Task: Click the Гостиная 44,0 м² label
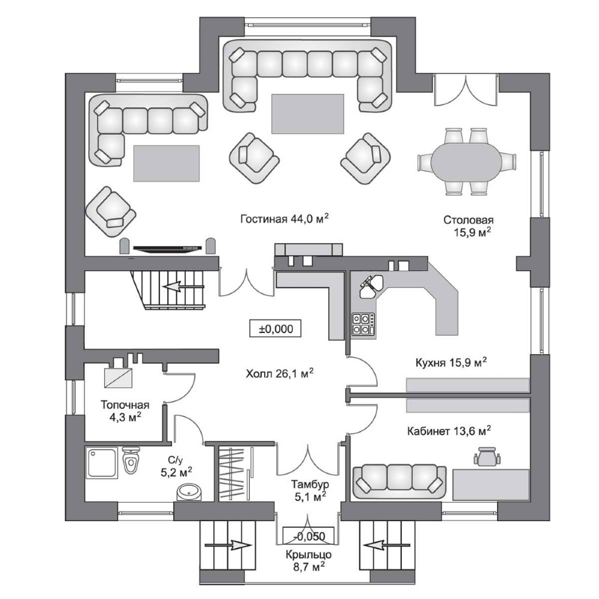coord(285,219)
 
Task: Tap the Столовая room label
coord(469,226)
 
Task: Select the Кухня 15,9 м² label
coord(451,362)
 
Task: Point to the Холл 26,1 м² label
coord(280,373)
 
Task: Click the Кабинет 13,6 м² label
coord(449,431)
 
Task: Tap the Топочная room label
coord(125,411)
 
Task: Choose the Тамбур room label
coord(310,490)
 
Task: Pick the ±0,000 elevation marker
coord(276,329)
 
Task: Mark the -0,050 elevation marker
coord(308,536)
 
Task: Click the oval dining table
coord(467,162)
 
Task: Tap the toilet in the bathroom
coord(131,461)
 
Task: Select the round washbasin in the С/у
coord(189,492)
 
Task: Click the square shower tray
coord(101,464)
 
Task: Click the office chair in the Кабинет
coord(487,455)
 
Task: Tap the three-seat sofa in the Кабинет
coord(400,482)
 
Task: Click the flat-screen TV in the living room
coord(167,249)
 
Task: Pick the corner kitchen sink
coord(370,286)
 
